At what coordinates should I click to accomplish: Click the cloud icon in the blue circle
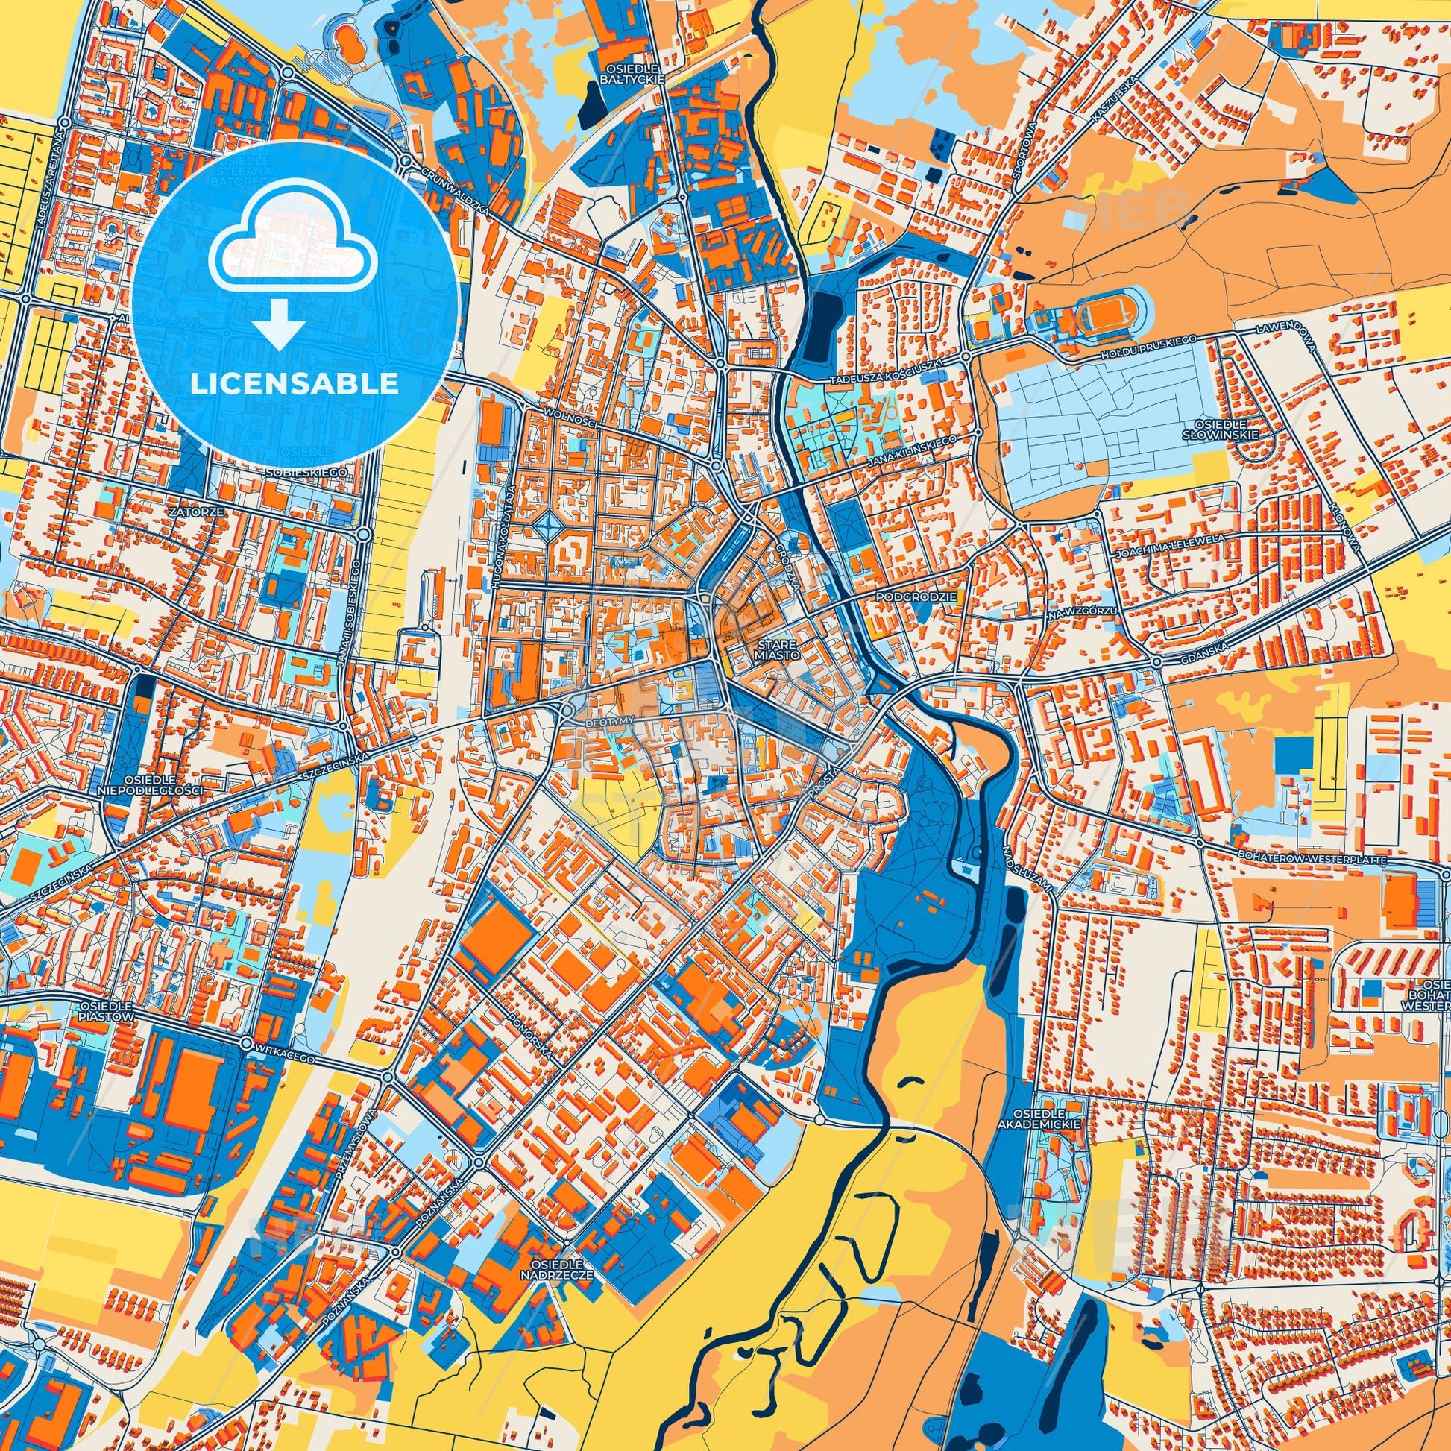pos(295,248)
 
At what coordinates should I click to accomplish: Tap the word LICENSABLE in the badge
pos(295,384)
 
